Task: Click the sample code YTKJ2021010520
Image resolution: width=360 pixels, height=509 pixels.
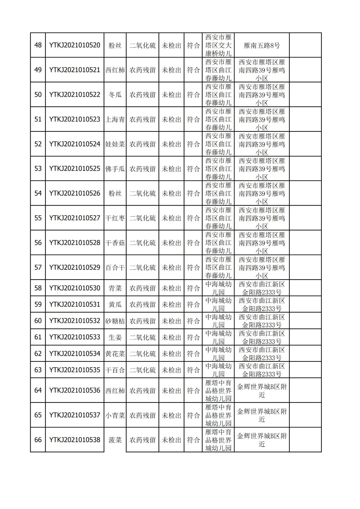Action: (75, 45)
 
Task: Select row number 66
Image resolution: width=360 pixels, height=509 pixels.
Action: (38, 440)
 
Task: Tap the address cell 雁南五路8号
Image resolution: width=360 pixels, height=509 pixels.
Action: (262, 45)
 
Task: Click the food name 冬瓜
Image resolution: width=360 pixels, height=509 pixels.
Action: (115, 95)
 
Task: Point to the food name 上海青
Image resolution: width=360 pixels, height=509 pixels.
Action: (115, 120)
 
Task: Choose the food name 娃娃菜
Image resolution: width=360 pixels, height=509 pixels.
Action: (115, 144)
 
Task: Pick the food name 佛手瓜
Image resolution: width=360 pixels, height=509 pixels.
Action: (115, 169)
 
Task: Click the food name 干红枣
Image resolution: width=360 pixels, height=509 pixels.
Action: (115, 218)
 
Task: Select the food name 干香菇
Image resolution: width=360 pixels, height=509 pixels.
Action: (115, 243)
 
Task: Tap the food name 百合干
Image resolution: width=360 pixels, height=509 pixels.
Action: (115, 268)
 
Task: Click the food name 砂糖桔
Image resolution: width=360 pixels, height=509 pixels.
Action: (115, 321)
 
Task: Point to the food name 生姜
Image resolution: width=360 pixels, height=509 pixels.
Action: (115, 337)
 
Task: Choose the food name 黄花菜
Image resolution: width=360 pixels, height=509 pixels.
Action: (115, 354)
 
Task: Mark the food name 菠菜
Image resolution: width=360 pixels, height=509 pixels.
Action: (115, 440)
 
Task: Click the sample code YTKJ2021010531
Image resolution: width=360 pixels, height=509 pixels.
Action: (75, 304)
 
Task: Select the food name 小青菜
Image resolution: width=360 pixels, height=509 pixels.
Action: (115, 415)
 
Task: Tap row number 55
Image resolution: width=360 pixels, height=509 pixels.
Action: (38, 218)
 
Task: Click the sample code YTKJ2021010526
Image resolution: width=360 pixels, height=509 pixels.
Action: (75, 193)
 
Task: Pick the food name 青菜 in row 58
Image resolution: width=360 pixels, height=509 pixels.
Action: (115, 288)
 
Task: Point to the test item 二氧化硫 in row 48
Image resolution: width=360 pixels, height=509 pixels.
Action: (142, 45)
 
